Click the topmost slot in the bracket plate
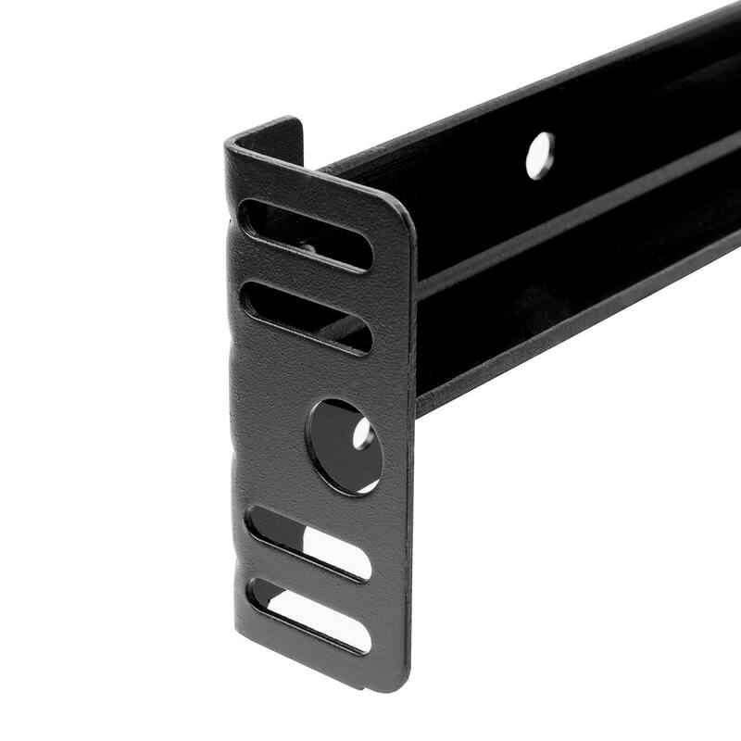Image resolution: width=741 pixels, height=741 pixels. click(x=306, y=233)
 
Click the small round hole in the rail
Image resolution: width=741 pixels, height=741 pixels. click(x=540, y=156)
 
